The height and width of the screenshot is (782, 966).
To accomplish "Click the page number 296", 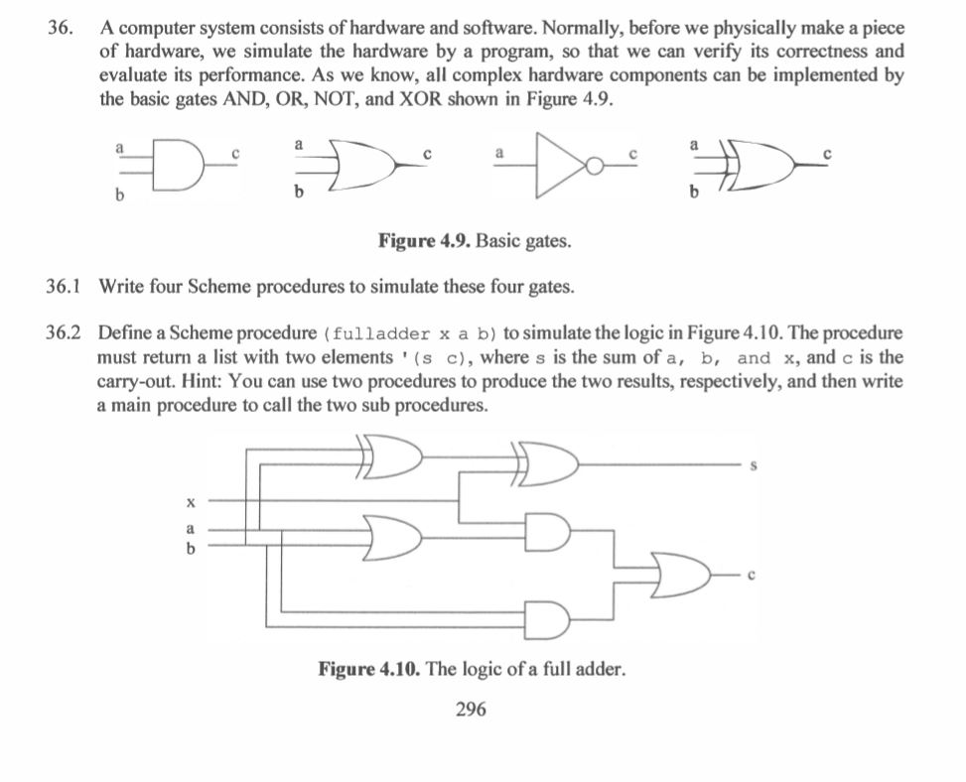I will [471, 709].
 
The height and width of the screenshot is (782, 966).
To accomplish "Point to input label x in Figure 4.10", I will [191, 502].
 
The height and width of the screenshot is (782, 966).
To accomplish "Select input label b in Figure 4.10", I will [191, 547].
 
